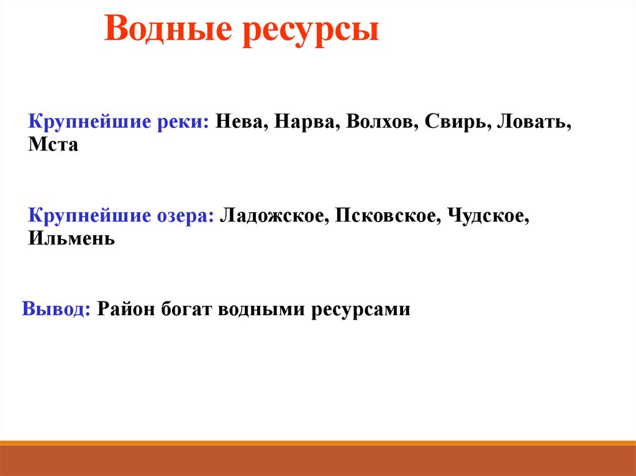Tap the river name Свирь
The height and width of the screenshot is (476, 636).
coord(458,122)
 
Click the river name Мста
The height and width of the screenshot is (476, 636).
coord(53,146)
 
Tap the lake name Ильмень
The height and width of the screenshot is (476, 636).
coord(71,238)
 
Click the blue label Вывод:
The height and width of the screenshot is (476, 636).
coord(57,308)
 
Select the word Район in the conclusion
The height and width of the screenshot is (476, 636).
coord(126,308)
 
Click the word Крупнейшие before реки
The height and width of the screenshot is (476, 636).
coord(86,122)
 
